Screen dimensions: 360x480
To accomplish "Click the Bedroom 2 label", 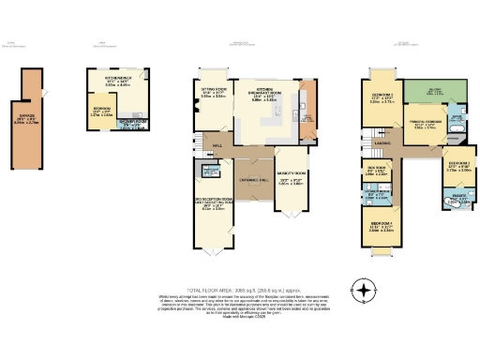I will [381, 97].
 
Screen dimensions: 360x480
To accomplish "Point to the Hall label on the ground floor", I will [215, 145].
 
